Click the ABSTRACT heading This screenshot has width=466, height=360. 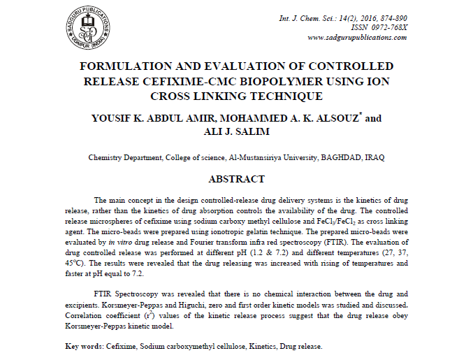[236, 179]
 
